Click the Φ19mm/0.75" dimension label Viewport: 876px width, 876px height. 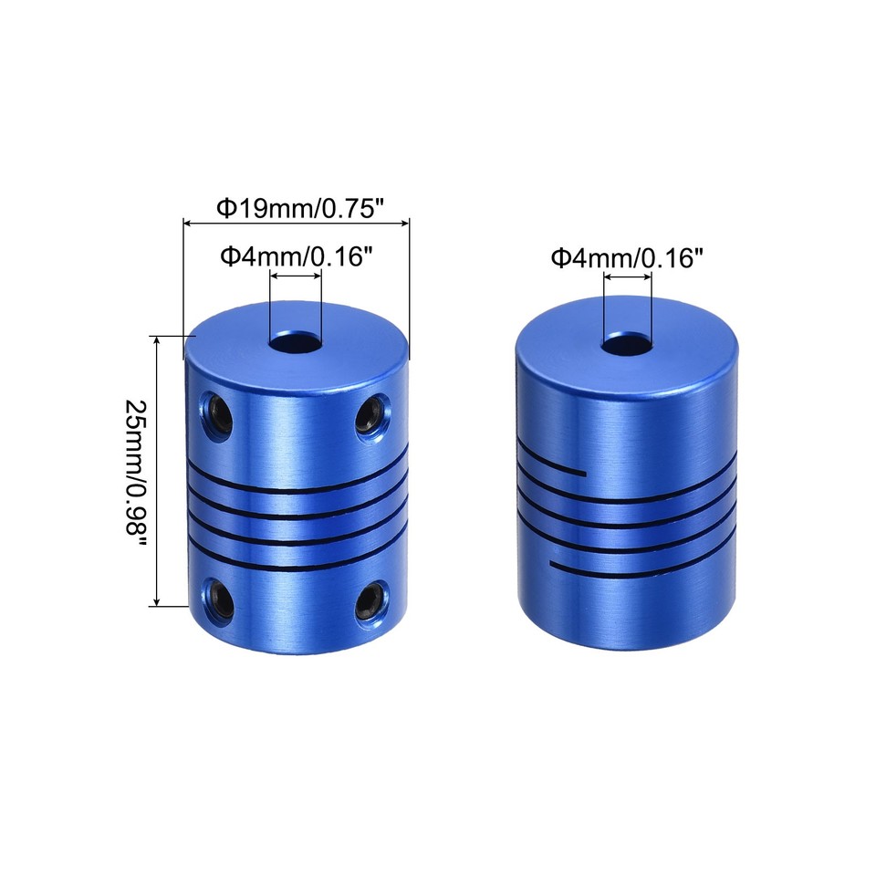click(297, 208)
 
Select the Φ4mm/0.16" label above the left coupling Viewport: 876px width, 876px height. click(297, 256)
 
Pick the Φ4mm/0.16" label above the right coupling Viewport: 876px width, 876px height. click(627, 258)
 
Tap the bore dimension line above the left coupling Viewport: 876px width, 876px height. click(296, 276)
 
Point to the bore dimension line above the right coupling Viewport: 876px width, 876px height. click(627, 276)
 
